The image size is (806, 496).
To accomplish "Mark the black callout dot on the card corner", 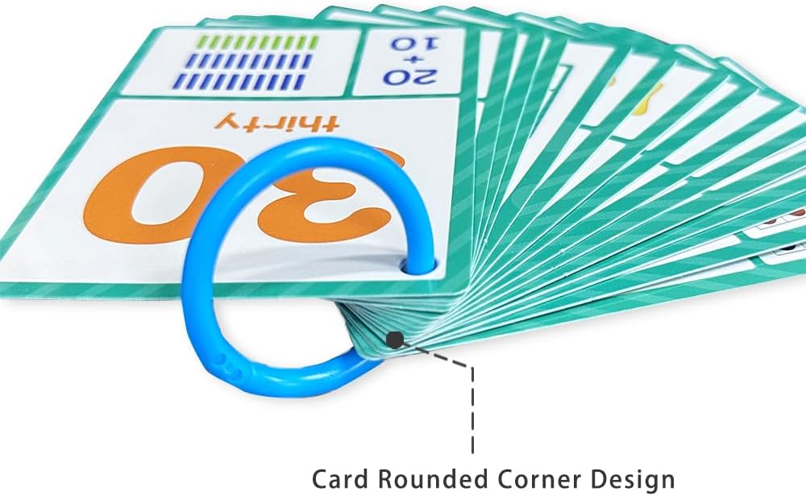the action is (395, 340).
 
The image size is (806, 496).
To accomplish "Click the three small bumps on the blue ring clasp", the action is (228, 365).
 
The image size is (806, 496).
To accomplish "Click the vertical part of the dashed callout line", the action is (472, 410).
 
